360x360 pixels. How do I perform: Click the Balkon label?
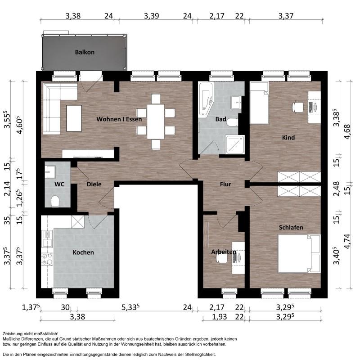(x=85, y=52)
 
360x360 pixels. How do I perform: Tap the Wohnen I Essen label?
(x=119, y=119)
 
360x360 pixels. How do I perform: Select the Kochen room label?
(x=83, y=252)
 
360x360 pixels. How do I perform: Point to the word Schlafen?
(x=291, y=227)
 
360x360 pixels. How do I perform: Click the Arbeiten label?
(x=224, y=252)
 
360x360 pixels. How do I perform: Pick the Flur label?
(x=225, y=184)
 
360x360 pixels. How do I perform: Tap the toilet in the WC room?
(x=55, y=201)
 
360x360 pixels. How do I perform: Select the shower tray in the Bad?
(x=235, y=144)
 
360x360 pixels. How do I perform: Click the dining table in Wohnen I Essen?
(x=156, y=121)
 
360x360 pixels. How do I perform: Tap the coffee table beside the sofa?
(x=74, y=118)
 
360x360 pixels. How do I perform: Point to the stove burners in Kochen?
(x=47, y=259)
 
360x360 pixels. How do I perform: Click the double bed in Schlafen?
(x=299, y=254)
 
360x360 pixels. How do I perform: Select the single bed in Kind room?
(x=259, y=103)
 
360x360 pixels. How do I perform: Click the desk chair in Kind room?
(x=298, y=108)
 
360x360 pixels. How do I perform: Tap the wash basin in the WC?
(x=50, y=172)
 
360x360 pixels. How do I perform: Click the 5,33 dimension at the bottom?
(x=130, y=307)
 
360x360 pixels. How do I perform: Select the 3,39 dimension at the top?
(x=151, y=16)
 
